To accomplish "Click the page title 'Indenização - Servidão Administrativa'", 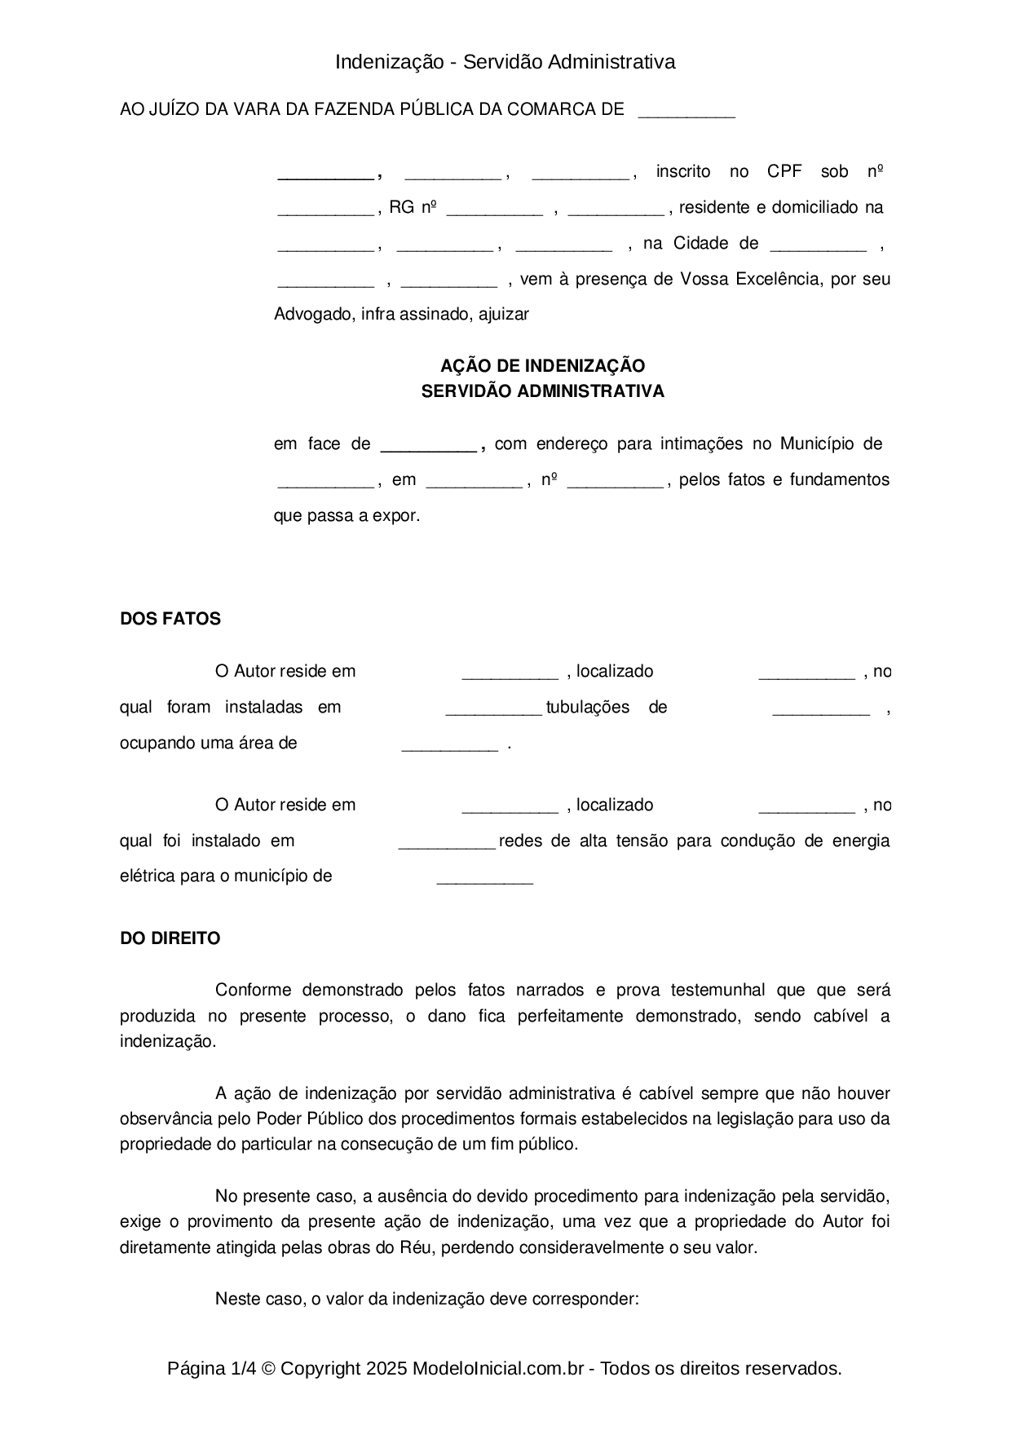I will click(505, 62).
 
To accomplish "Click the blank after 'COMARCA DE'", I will click(687, 112).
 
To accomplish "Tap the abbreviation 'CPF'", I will click(784, 172).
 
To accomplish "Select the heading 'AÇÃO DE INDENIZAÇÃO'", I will click(542, 365).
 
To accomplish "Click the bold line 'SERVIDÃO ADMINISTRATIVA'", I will click(542, 391).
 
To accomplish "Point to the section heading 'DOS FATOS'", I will click(170, 619).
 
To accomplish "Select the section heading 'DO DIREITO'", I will click(170, 938).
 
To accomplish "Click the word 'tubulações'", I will click(588, 708).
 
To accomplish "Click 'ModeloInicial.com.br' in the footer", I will click(498, 1369).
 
